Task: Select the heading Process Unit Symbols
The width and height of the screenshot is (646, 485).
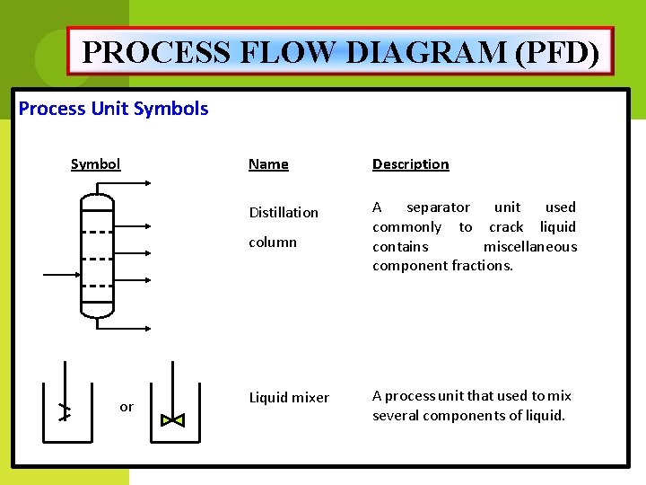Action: [x=114, y=109]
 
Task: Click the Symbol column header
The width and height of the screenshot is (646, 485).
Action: [x=95, y=163]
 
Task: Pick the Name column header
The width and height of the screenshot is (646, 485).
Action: [x=268, y=163]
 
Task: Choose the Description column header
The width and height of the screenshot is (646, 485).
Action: [x=411, y=163]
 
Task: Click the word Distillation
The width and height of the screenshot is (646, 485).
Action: [x=284, y=212]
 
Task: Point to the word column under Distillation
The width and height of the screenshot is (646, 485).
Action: [x=273, y=242]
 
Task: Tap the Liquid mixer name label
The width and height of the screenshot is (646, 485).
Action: [x=289, y=397]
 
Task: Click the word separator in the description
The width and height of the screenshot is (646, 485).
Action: [x=438, y=207]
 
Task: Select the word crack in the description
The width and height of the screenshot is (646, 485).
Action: [x=506, y=226]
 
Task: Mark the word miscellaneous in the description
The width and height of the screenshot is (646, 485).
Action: [x=530, y=246]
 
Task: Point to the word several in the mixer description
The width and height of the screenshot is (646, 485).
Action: [x=397, y=415]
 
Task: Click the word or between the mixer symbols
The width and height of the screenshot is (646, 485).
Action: [x=127, y=407]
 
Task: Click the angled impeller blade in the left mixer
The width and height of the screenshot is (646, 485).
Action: [x=64, y=411]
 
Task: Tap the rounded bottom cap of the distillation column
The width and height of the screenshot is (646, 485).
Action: [x=97, y=312]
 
